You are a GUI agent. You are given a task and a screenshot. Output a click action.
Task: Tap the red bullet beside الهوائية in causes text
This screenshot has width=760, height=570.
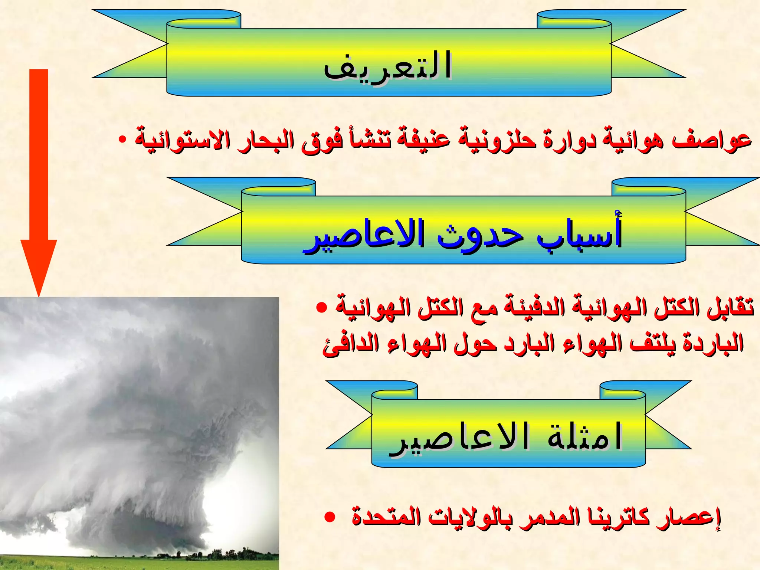(321, 308)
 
